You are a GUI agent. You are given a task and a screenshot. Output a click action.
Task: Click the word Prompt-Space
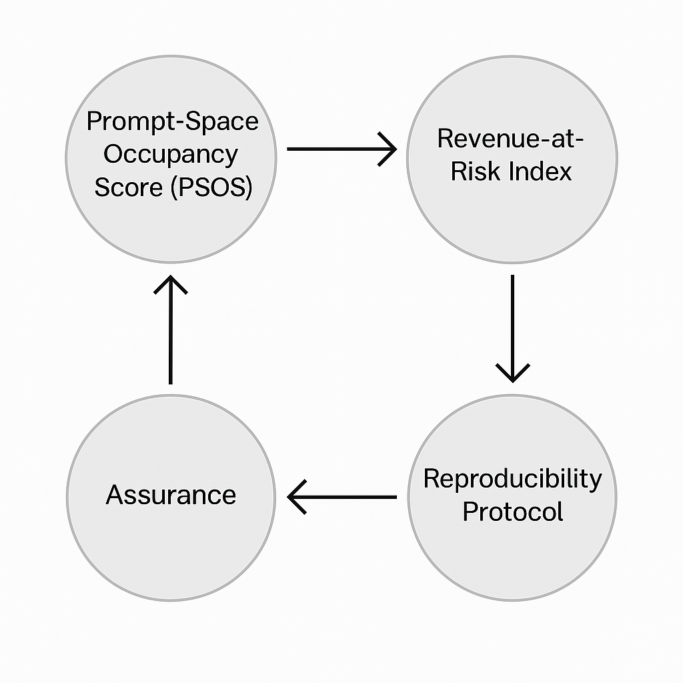pos(171,122)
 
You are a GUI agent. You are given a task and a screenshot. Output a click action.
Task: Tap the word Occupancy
pos(171,155)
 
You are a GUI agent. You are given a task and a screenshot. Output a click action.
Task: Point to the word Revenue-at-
pos(512,138)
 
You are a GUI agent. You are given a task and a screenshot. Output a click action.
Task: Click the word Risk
pos(476,171)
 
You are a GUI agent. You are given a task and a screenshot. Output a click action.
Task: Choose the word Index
pos(540,171)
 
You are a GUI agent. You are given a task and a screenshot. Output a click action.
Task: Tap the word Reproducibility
pos(512,479)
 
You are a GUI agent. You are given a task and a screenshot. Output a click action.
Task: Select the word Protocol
pos(512,512)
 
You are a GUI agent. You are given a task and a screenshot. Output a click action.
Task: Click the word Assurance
pos(171,496)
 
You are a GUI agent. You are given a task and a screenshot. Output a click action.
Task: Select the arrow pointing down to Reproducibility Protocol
pos(512,327)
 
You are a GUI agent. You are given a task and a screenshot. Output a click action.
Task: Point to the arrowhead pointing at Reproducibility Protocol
pos(512,374)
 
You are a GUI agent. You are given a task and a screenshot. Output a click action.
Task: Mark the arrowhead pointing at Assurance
pos(295,497)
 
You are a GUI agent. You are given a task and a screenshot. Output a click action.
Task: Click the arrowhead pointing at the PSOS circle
pos(171,283)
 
